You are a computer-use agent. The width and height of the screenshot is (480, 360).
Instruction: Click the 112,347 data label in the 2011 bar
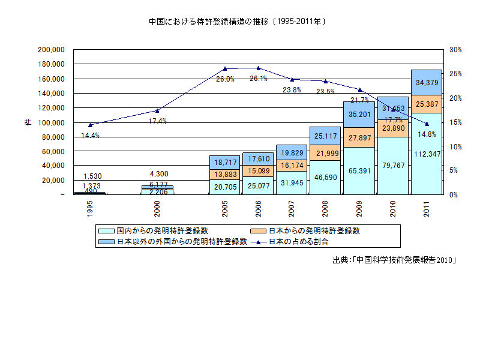[427, 154]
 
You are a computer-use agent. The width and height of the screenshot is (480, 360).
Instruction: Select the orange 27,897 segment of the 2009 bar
[359, 138]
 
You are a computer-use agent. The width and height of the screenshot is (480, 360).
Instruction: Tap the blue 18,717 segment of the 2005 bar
[224, 163]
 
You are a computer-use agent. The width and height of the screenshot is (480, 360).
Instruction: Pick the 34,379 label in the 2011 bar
[427, 82]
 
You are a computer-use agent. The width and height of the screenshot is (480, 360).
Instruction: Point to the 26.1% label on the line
[259, 79]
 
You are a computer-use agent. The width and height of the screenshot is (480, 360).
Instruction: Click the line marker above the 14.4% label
[90, 125]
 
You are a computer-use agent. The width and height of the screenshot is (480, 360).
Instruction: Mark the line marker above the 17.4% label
[157, 110]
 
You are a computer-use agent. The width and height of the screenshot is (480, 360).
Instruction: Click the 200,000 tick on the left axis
[51, 50]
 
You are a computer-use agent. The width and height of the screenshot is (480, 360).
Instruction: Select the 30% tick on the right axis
[455, 50]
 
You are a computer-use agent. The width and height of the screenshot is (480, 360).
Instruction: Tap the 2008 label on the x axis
[326, 209]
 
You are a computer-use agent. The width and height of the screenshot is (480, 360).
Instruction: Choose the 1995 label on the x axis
[90, 209]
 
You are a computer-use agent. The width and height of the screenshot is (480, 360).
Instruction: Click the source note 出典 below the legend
[394, 260]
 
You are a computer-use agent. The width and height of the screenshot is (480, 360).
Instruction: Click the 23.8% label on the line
[292, 90]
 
